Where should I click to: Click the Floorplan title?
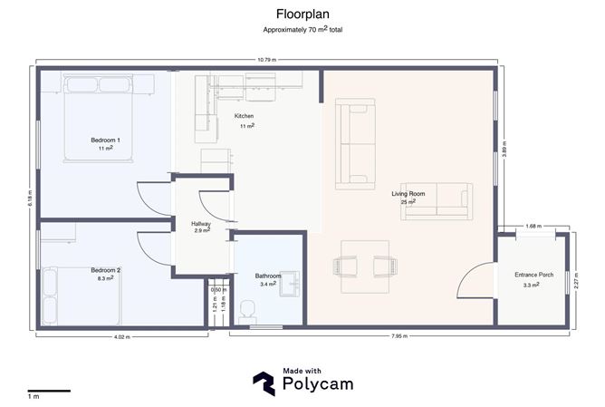coord(302,15)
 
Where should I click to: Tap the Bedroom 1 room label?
coord(105,141)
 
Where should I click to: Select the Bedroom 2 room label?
coord(105,270)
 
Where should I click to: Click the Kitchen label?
coord(244,116)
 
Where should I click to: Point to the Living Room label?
coord(408,194)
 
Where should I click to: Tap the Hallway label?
coord(201,224)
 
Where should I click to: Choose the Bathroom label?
coord(268,276)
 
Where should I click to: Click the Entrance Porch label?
coord(534,275)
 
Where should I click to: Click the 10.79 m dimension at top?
coord(267,60)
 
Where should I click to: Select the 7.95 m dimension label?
coord(399,336)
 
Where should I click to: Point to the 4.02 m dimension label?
coord(122,337)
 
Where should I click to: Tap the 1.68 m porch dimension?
coord(533,227)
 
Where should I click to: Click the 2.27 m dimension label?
coord(576,281)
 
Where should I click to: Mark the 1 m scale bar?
coord(49,392)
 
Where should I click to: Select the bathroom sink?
coord(290,284)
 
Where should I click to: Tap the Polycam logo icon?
coord(264,383)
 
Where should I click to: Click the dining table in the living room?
coord(365,266)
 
